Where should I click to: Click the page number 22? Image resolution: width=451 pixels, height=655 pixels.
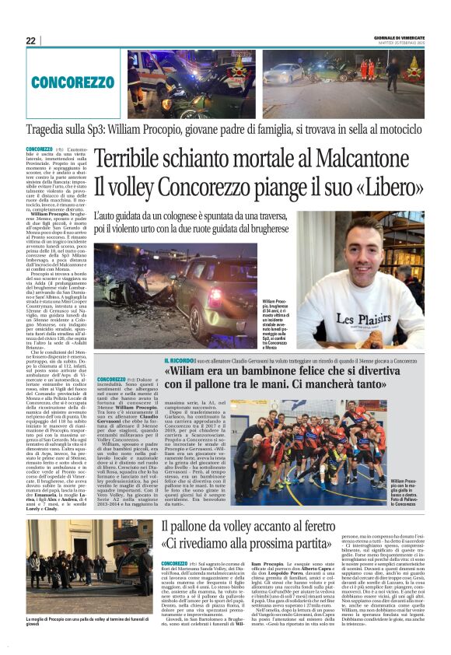tap(30, 40)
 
